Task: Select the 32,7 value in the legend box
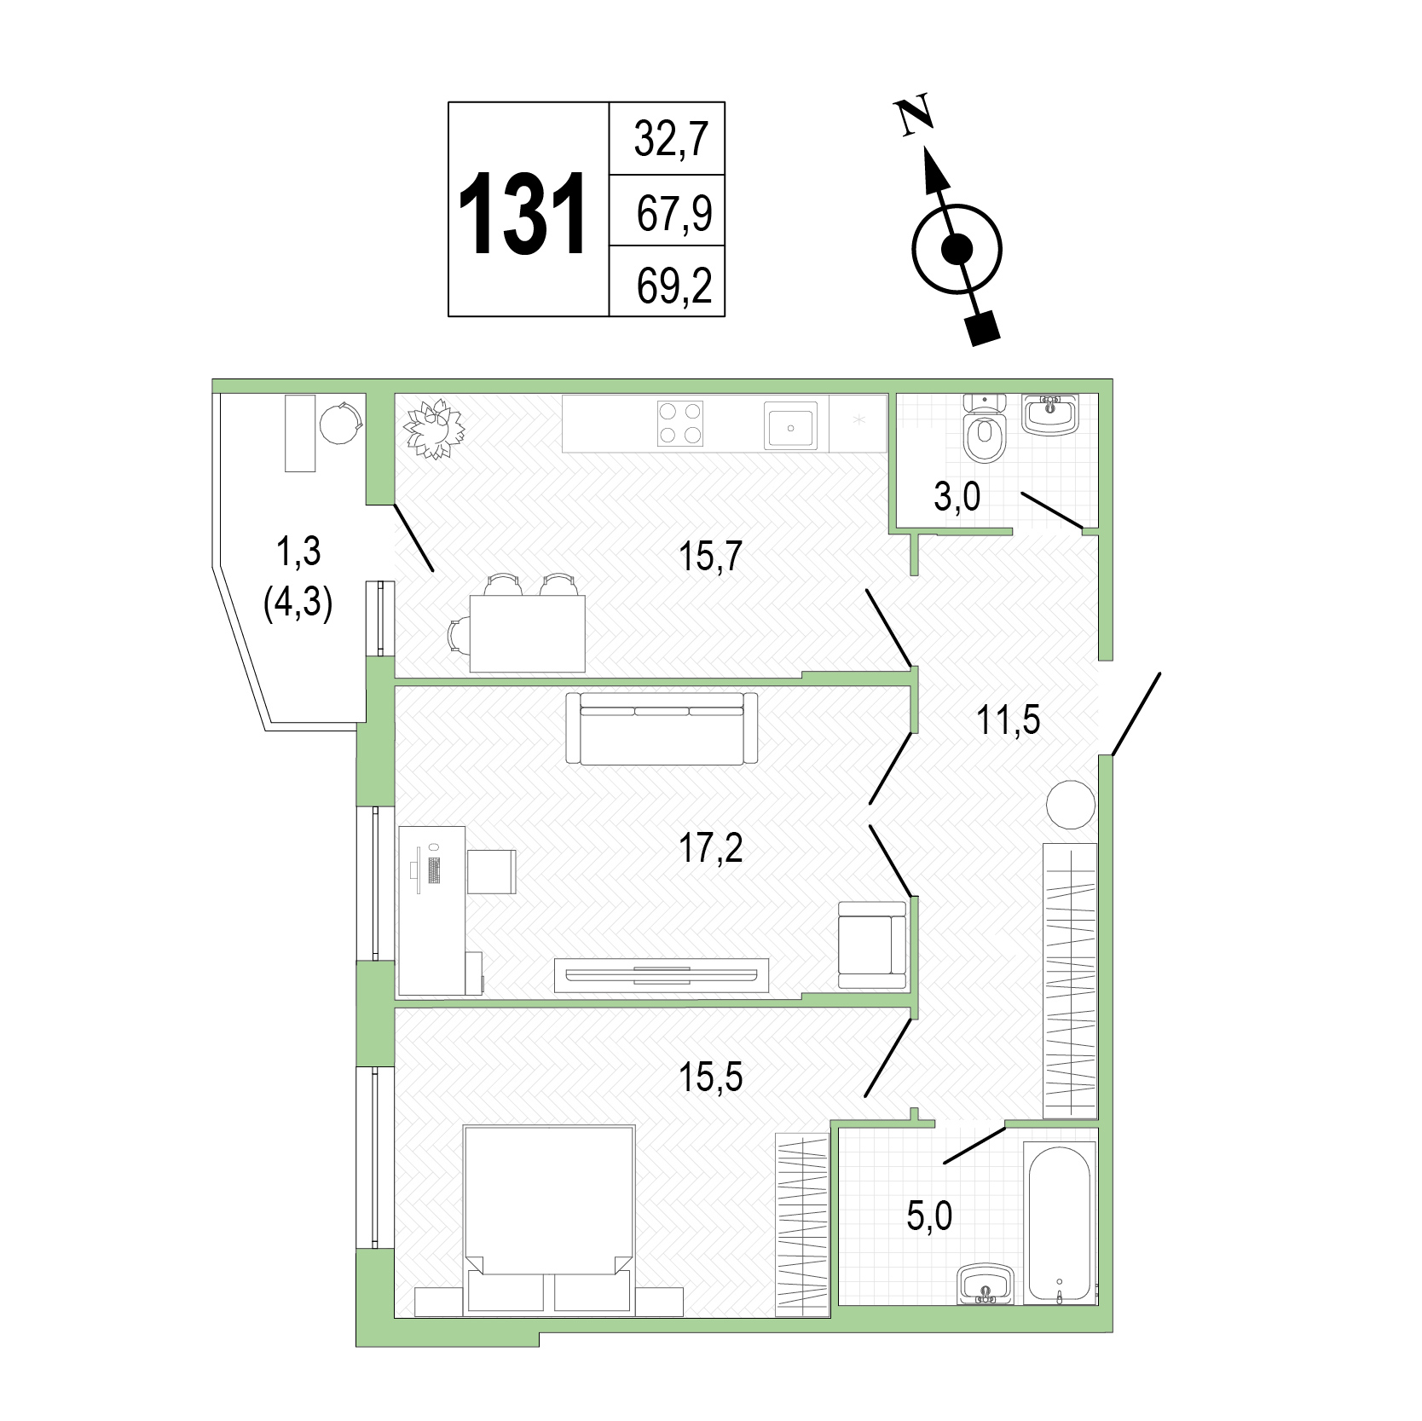pos(672,140)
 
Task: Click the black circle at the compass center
pos(957,249)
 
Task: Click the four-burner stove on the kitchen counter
pos(680,423)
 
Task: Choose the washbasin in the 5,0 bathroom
pos(986,1284)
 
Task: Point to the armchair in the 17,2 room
pos(871,945)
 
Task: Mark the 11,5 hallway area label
pos(1009,722)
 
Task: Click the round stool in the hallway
pos(1070,804)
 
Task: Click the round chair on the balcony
pos(342,423)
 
